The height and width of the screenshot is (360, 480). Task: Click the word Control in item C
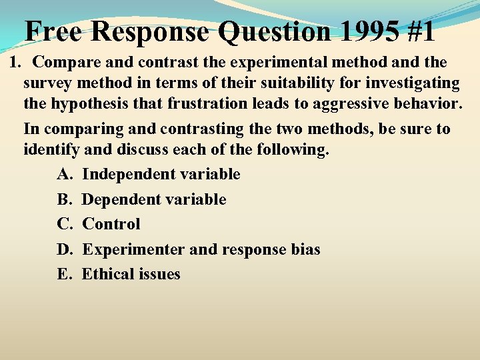pyautogui.click(x=111, y=224)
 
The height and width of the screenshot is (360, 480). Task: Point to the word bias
pyautogui.click(x=304, y=249)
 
